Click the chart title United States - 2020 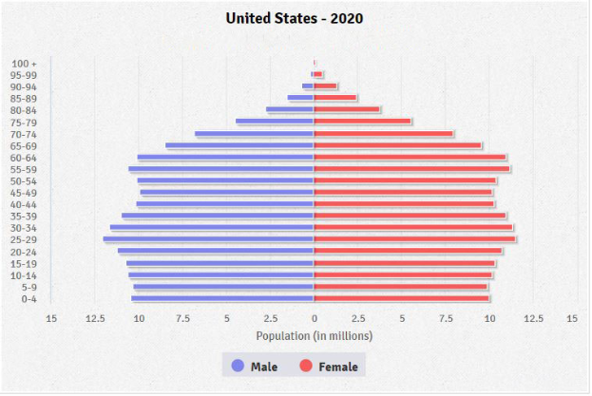pos(295,18)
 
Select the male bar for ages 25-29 pos(209,239)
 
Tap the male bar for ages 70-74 pos(255,134)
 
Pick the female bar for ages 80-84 pos(347,110)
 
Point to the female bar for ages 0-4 pos(402,298)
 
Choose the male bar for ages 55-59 pos(221,169)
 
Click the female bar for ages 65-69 pos(398,145)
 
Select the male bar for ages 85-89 pos(301,98)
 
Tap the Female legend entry pos(329,367)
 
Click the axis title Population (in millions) pos(315,335)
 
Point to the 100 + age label pos(25,64)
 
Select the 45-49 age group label pos(25,193)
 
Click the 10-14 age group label pos(25,275)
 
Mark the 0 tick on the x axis pos(315,318)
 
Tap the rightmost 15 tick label pos(572,318)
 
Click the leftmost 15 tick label pos(51,318)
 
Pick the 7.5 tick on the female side pos(446,318)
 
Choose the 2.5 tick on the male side pos(270,318)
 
